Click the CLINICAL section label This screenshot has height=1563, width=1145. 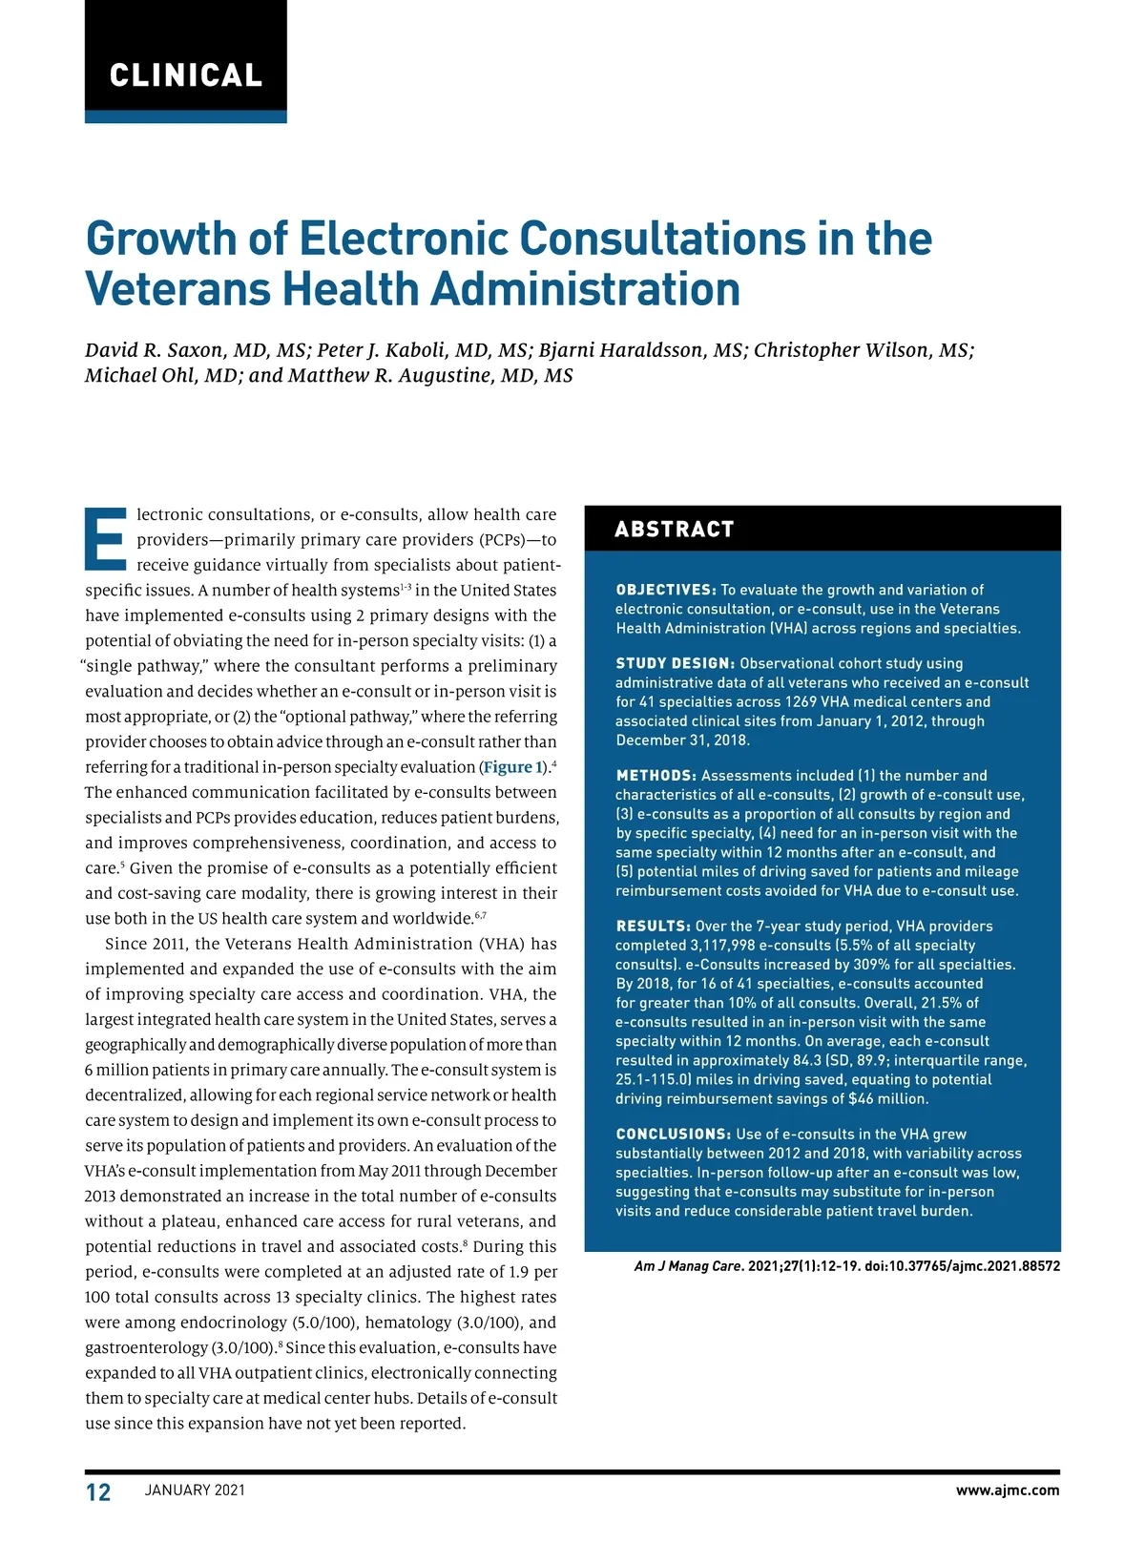(186, 75)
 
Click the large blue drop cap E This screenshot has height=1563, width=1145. (105, 538)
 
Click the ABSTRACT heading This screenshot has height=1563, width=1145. (675, 530)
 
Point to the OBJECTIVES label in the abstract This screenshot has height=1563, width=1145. (665, 590)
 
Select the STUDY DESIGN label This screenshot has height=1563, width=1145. (675, 663)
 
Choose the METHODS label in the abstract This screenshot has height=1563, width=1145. (656, 776)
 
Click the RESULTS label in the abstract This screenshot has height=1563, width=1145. (653, 926)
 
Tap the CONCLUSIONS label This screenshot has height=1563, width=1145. (673, 1134)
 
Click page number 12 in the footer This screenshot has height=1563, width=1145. (98, 1492)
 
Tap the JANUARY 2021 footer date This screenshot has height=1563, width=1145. (195, 1490)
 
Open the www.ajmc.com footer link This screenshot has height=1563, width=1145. (1008, 1490)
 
